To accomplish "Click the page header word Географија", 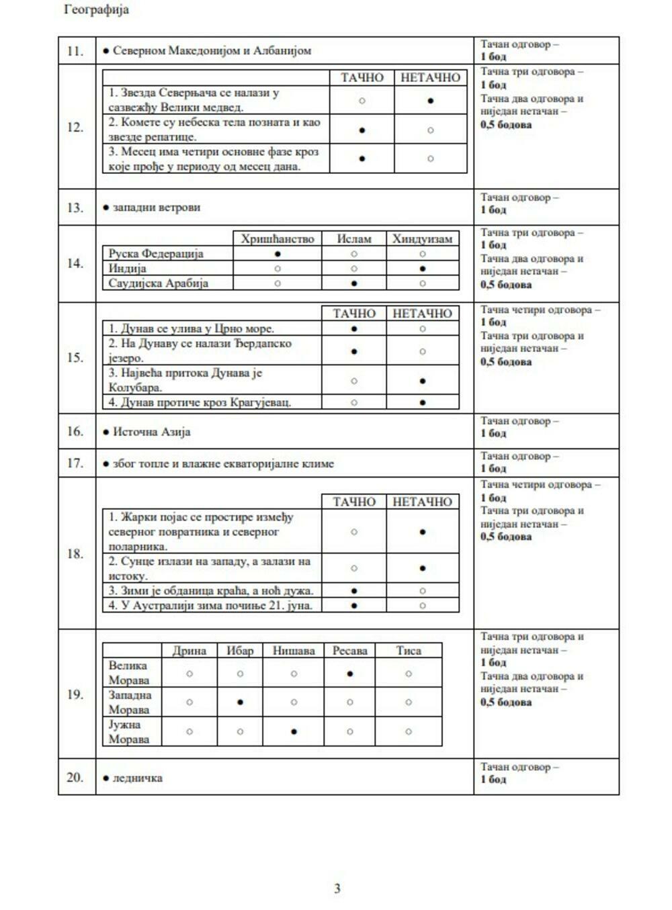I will click(96, 10).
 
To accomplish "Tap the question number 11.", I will click(75, 51).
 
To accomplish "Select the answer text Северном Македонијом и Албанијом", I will click(212, 50).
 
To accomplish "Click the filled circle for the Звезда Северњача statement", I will click(431, 101).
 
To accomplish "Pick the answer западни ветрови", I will click(157, 208).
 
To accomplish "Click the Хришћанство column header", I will click(278, 239).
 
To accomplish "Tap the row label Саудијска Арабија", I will click(159, 283).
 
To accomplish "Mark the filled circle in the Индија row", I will click(422, 269).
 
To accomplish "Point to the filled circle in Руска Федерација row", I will click(278, 254).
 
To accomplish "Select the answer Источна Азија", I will click(151, 432).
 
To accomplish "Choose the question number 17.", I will click(75, 463).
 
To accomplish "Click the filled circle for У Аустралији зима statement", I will click(354, 606).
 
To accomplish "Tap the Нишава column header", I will click(294, 651).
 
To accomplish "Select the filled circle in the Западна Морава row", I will click(241, 702).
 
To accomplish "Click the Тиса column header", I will click(409, 651).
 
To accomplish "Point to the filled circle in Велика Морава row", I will click(350, 674).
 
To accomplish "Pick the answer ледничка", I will click(137, 778).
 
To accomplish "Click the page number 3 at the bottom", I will click(337, 889).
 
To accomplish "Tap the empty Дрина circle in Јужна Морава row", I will click(190, 732).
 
